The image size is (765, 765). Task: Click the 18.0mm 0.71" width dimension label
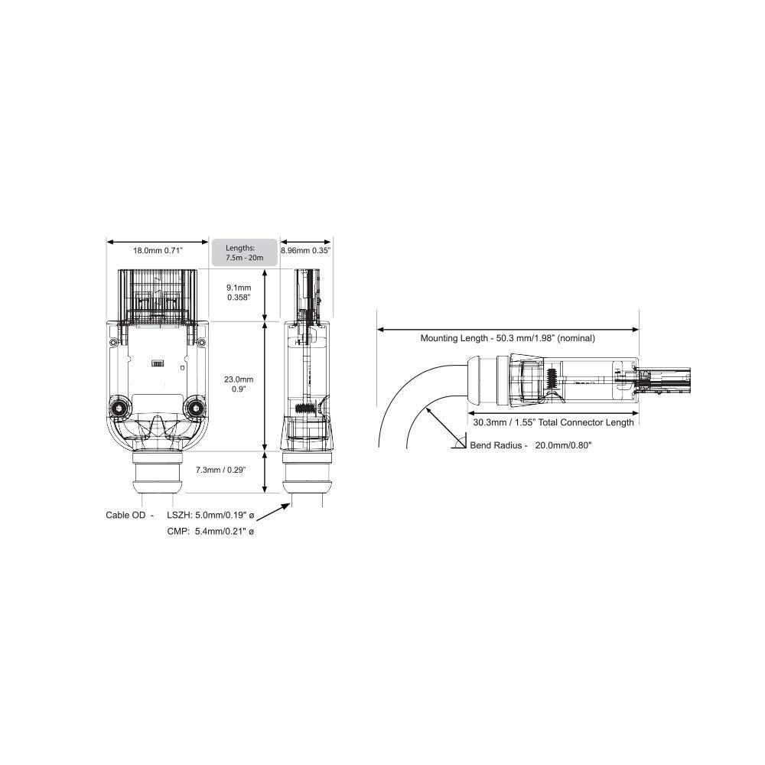pos(158,251)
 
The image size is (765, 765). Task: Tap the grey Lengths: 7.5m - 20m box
pos(245,252)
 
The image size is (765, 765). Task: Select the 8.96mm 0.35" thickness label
pos(306,251)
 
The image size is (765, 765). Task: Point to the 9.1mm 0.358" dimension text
pos(239,293)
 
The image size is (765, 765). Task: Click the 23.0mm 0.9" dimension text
pos(239,384)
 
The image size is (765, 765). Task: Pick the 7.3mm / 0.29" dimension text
pos(220,470)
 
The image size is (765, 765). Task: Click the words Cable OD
pos(125,515)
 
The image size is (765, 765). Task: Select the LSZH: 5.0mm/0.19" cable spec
pos(210,515)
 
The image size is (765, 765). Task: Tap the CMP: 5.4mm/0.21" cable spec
pos(210,532)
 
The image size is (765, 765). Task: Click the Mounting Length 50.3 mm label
pos(508,338)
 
